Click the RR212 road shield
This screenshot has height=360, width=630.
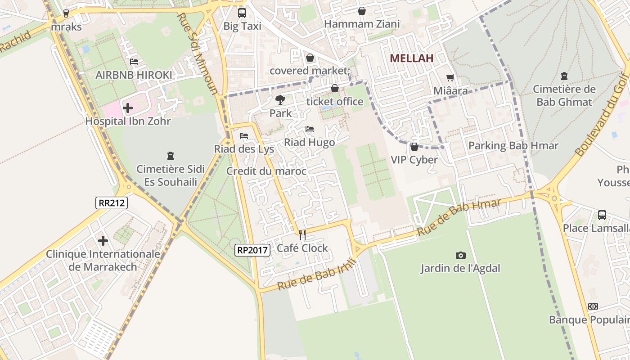tap(112, 203)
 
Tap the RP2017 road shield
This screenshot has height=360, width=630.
tap(252, 250)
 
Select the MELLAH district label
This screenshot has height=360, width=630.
tap(411, 58)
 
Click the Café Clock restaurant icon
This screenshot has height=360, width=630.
tap(302, 234)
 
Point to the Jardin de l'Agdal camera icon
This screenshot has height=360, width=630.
tap(460, 255)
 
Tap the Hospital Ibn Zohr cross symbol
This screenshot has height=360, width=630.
tap(128, 108)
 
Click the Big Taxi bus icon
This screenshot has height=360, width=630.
tap(242, 13)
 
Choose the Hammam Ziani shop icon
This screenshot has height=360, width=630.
tap(362, 11)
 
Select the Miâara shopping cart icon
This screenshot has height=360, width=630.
tap(450, 77)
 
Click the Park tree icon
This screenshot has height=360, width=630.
tap(280, 99)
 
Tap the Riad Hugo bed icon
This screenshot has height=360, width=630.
tap(309, 129)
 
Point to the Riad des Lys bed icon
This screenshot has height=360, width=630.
tap(244, 135)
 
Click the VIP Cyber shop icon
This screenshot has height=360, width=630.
tap(414, 147)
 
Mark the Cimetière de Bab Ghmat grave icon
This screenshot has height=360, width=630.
tap(564, 76)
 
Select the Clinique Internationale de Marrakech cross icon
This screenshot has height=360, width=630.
tap(103, 241)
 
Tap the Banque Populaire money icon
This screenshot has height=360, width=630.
tap(593, 306)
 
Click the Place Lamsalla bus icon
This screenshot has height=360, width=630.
tap(602, 215)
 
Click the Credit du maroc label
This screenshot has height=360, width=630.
tap(266, 171)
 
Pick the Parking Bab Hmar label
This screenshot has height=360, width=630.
tap(513, 146)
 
